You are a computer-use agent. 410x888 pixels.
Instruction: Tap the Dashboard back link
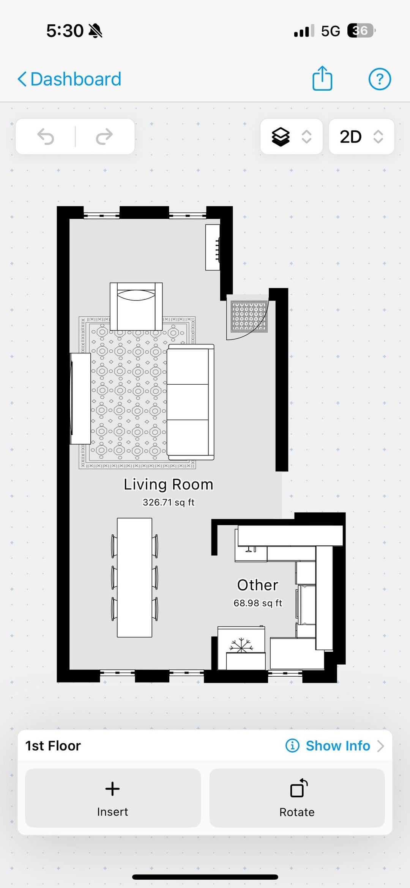tap(69, 79)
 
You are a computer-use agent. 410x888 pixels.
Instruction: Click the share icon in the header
tap(322, 78)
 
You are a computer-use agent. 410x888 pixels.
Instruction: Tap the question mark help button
tap(380, 79)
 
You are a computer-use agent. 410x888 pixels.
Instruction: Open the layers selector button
tap(291, 137)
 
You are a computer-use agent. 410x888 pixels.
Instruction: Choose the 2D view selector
tap(361, 137)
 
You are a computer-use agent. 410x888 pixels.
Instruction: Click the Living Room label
tap(169, 484)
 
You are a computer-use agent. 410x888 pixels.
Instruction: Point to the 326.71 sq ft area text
tap(169, 502)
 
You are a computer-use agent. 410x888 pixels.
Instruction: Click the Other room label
tap(258, 585)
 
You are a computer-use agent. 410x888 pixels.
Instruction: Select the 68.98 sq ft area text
tap(258, 603)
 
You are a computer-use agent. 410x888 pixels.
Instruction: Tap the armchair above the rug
tap(136, 306)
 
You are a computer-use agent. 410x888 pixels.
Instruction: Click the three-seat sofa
tap(191, 402)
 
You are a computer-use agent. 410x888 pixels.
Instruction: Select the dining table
tap(134, 577)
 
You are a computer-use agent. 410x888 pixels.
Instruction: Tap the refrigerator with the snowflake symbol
tap(241, 648)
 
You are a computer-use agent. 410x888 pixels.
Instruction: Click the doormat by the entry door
tap(249, 317)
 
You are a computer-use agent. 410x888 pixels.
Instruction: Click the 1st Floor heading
tap(53, 746)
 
